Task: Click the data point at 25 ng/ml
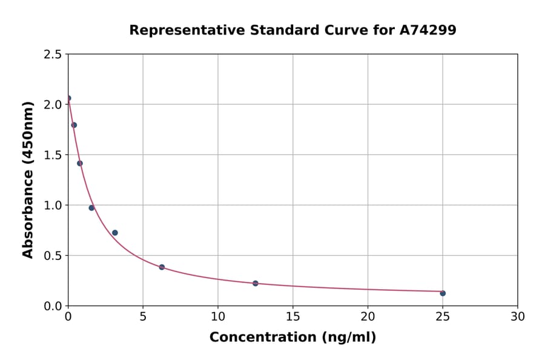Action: click(443, 293)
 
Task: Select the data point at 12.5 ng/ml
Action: click(256, 284)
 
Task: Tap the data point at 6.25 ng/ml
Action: click(162, 267)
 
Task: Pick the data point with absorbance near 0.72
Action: click(115, 233)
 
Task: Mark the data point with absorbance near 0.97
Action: click(91, 208)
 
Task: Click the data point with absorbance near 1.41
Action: click(80, 164)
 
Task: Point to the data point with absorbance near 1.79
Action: click(74, 125)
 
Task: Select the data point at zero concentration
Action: click(68, 98)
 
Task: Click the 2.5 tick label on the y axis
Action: click(52, 55)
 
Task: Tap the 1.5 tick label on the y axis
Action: click(52, 155)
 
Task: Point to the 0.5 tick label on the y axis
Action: click(52, 256)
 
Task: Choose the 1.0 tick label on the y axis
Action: click(52, 205)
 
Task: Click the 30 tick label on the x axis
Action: click(517, 316)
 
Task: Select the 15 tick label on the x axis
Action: click(292, 316)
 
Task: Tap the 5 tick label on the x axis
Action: click(143, 316)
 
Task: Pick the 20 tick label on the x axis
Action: click(368, 316)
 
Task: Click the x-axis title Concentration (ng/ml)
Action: click(292, 338)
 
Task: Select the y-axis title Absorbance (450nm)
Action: click(28, 179)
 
